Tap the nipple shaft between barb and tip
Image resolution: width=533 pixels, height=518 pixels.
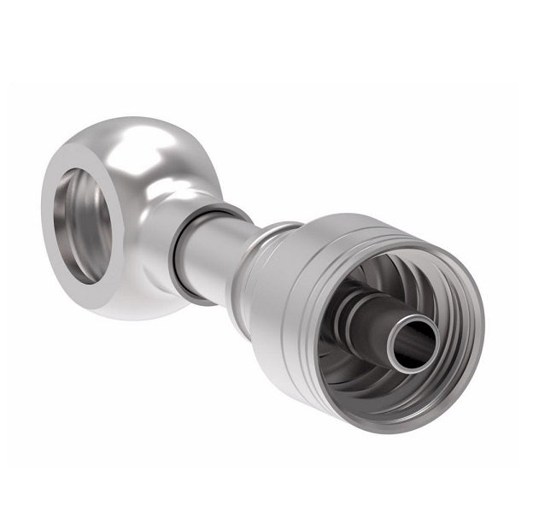367,329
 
